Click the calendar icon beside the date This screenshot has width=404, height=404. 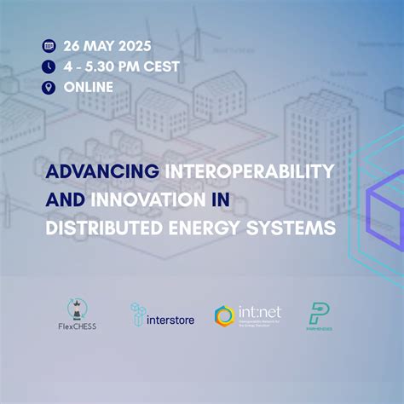click(48, 45)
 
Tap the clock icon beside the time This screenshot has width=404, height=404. click(48, 66)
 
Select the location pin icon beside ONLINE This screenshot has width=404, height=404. click(48, 86)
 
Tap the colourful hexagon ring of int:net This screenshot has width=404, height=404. click(224, 316)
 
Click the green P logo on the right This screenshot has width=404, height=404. click(319, 314)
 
